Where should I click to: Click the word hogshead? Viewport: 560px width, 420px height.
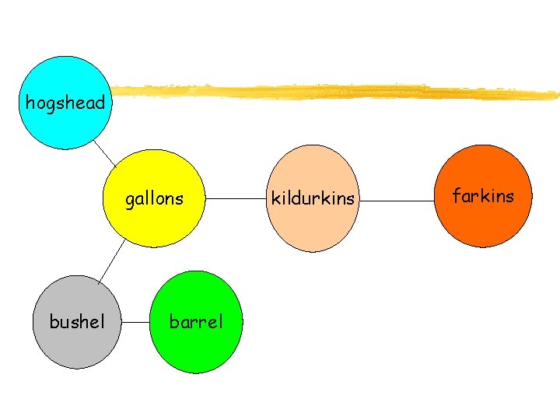pos(65,103)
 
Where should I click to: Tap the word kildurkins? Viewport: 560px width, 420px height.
pos(312,199)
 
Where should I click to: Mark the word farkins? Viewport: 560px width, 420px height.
pos(482,196)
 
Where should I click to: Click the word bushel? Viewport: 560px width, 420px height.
pos(76,321)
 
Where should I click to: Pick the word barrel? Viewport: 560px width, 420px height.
pos(196,321)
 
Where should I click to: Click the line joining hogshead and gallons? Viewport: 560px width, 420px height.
pos(105,153)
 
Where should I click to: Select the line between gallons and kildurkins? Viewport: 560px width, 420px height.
pos(236,199)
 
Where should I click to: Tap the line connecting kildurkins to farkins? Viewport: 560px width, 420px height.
pos(396,201)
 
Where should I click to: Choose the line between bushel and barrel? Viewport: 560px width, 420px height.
pos(136,321)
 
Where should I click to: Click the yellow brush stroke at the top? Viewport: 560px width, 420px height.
pos(334,92)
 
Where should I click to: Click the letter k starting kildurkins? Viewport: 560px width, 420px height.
pos(274,198)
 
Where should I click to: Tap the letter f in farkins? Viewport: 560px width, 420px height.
pos(457,195)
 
